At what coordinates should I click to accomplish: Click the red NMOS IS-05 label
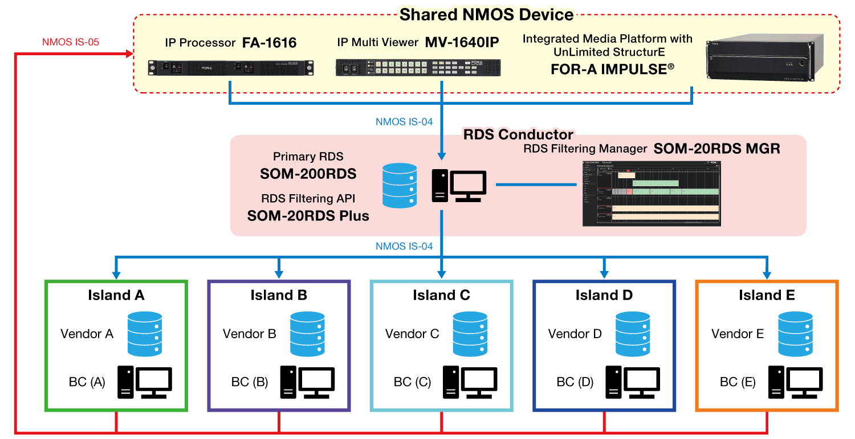click(x=71, y=42)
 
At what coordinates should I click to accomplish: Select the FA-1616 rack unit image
click(x=230, y=68)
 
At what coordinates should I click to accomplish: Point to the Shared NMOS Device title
click(x=487, y=14)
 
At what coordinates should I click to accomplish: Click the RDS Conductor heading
click(x=518, y=134)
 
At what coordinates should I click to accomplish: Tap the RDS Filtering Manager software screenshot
click(x=652, y=193)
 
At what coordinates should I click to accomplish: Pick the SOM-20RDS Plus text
click(x=308, y=216)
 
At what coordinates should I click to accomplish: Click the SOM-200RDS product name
click(x=308, y=174)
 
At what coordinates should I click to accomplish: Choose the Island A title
click(x=116, y=295)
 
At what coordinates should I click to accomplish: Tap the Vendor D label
click(x=575, y=334)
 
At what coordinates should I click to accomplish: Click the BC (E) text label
click(x=738, y=382)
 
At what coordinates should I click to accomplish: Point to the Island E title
click(x=767, y=295)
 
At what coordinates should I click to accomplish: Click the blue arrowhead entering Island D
click(x=604, y=274)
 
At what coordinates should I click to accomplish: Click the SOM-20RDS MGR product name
click(x=716, y=149)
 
